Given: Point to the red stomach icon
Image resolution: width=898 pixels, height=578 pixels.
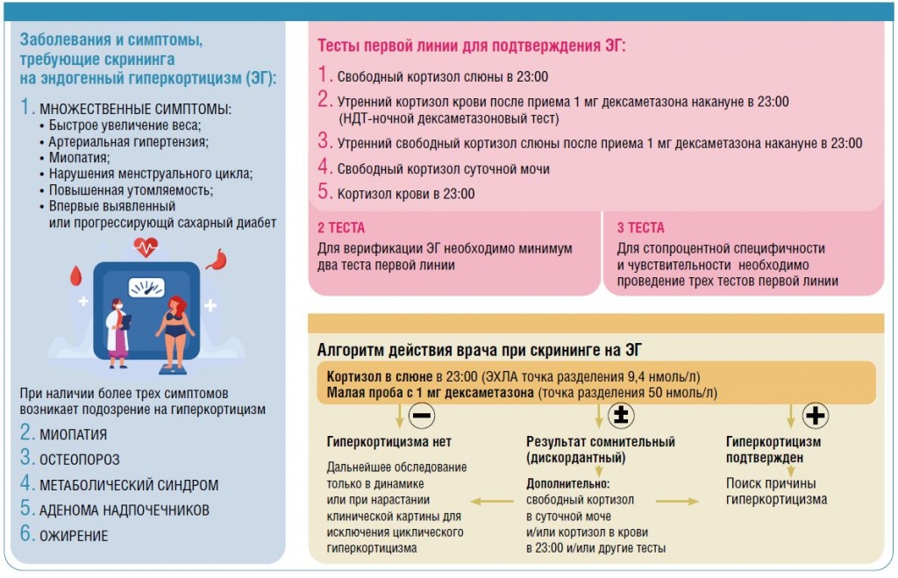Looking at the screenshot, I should pos(216,260).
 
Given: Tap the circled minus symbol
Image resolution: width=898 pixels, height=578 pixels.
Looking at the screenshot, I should pos(422,414).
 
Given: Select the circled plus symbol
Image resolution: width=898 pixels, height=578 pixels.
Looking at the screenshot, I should pos(816,414).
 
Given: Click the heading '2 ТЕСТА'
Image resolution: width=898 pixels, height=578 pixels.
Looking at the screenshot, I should pos(335,228).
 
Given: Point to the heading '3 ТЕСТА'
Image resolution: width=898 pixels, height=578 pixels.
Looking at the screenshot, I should pos(640,228).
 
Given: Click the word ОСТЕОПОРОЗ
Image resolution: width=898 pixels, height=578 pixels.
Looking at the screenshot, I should pos(80,460).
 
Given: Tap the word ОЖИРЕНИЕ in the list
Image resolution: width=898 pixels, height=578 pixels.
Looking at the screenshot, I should pos(74,536).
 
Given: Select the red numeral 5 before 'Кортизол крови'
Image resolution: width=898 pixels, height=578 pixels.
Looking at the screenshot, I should pos(324,193).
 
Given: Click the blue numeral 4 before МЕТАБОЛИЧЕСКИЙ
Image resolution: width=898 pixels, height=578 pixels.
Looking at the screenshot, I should pos(26,484).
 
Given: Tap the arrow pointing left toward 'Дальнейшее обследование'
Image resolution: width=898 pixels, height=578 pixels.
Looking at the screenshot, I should pos(493,502).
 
